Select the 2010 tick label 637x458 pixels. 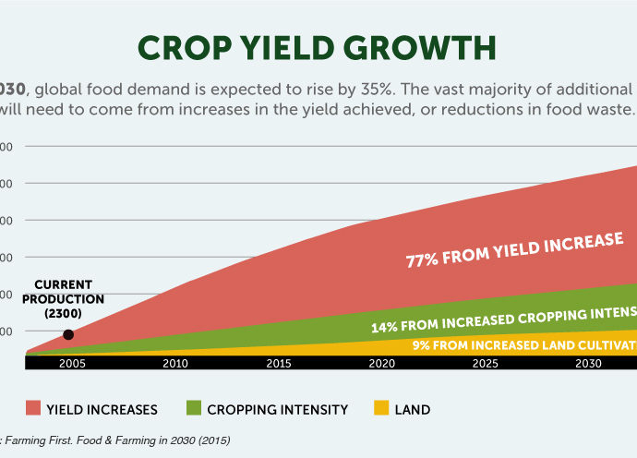pos(175,364)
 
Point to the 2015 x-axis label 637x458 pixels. pos(279,364)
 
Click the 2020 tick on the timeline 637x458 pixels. pos(382,364)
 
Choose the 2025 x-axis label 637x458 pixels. pos(486,364)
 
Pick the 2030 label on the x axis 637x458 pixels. pos(588,364)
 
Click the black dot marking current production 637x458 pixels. pos(68,335)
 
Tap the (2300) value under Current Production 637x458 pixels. pos(69,312)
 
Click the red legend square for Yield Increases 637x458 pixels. pos(34,408)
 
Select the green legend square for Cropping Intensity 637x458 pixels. pos(194,408)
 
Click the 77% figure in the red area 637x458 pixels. pos(422,259)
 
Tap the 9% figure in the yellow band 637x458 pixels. pos(420,345)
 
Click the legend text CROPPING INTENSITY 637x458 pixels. pos(278,408)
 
